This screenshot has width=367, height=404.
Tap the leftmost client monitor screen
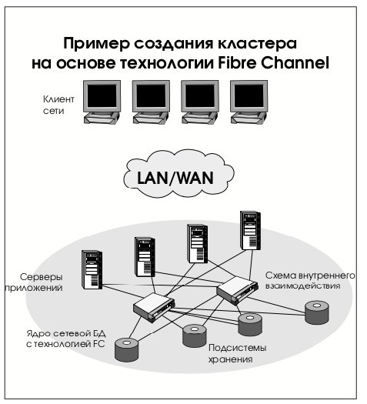[x=102, y=96]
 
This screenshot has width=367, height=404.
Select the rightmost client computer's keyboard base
[x=249, y=119]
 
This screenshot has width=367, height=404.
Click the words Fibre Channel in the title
[x=274, y=63]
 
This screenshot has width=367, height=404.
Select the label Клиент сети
[x=58, y=105]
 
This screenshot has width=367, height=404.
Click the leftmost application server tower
[x=92, y=269]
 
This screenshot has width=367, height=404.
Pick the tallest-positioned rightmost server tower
[x=250, y=230]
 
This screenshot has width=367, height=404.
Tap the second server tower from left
[x=145, y=257]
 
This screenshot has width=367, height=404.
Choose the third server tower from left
[x=197, y=244]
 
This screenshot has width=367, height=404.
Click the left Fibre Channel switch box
[x=154, y=307]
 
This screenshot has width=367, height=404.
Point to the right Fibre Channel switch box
[x=237, y=291]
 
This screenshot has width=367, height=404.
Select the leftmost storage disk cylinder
[x=126, y=350]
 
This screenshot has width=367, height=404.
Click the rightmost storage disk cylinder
[x=317, y=312]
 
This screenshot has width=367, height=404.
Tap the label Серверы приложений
[x=34, y=282]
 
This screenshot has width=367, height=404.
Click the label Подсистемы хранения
[x=237, y=353]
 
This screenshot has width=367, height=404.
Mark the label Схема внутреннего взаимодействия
[x=310, y=281]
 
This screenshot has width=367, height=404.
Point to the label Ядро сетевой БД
[x=66, y=333]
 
